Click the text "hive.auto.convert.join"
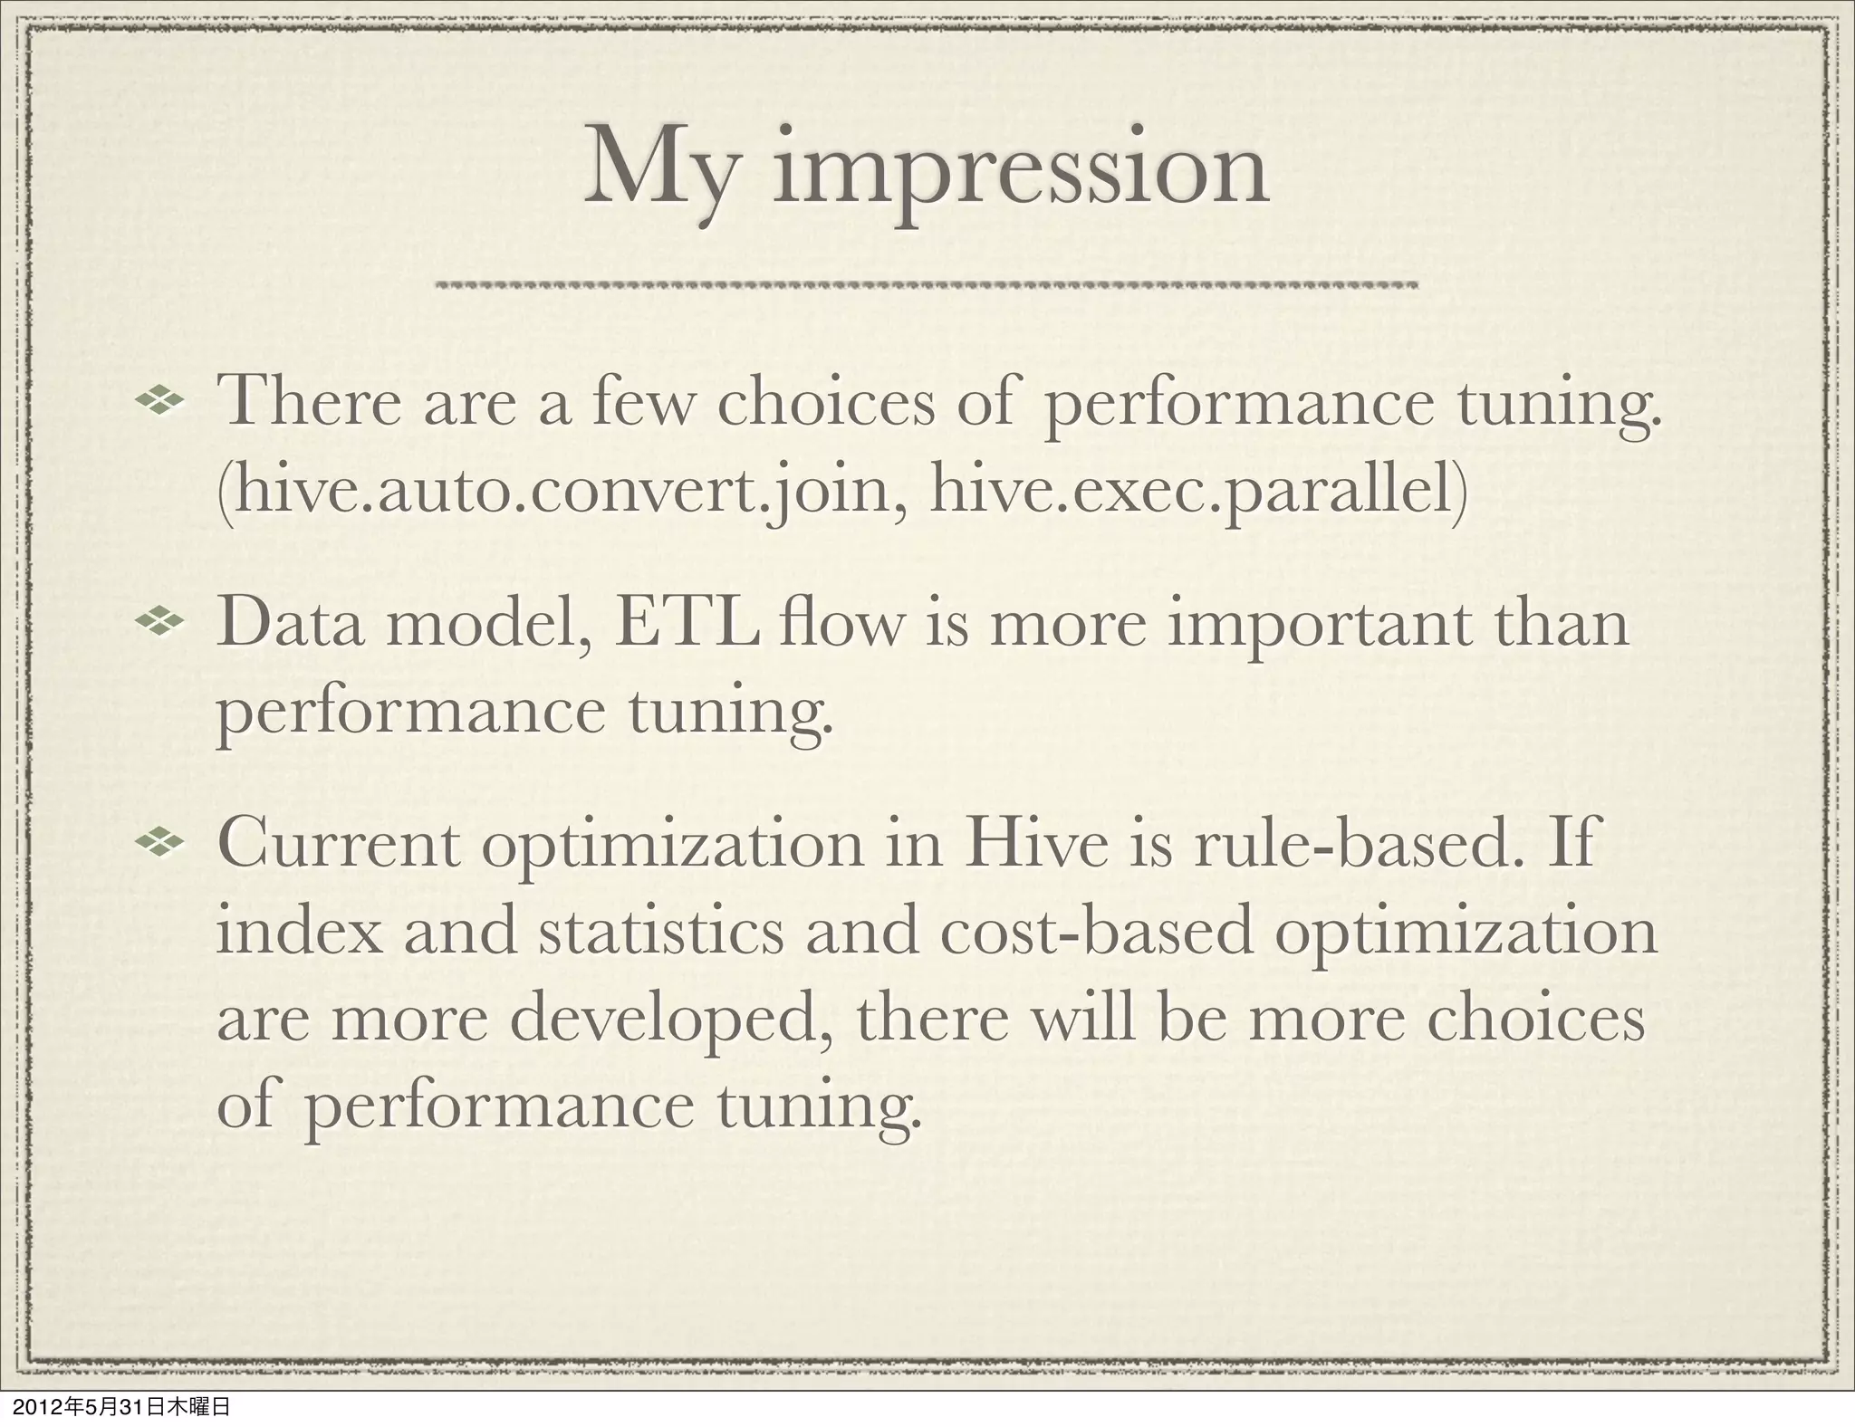tap(560, 492)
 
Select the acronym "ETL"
tap(686, 625)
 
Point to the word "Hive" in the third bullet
tap(1021, 844)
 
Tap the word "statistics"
tap(661, 933)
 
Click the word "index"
tap(300, 933)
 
